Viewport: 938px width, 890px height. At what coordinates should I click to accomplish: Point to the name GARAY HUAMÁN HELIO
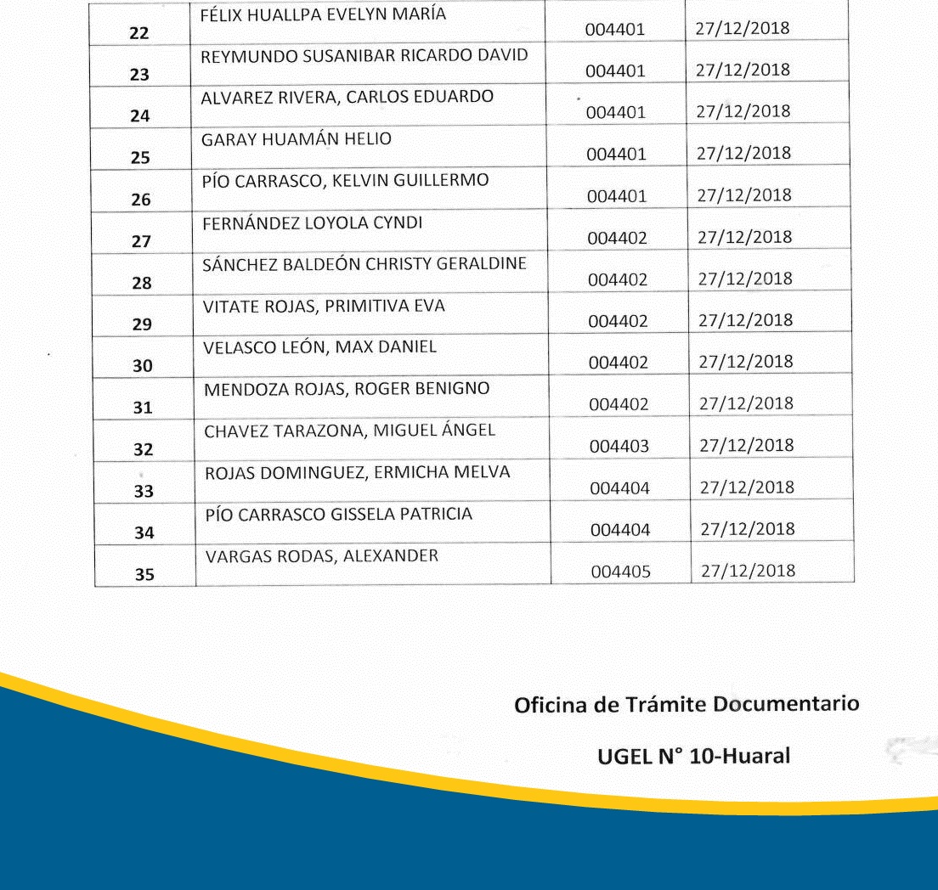coord(297,139)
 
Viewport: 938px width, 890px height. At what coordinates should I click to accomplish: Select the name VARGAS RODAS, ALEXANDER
coord(322,557)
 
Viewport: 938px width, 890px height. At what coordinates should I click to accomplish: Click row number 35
coord(144,575)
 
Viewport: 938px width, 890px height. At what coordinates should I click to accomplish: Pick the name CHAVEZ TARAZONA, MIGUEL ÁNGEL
coord(349,431)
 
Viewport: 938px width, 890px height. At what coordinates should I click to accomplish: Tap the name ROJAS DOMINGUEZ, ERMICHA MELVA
coord(357,472)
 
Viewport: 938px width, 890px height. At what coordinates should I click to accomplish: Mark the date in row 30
coord(745,362)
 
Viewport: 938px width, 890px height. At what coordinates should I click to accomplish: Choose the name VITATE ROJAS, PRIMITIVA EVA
coord(324,306)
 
